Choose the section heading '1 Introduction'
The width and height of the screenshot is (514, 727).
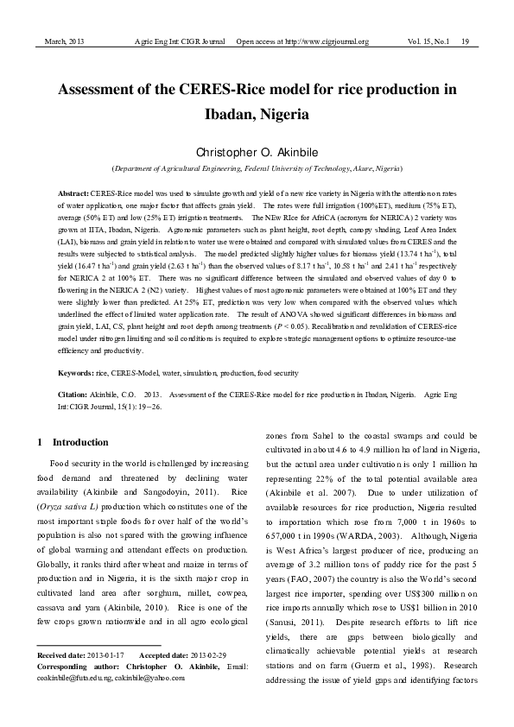point(74,442)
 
